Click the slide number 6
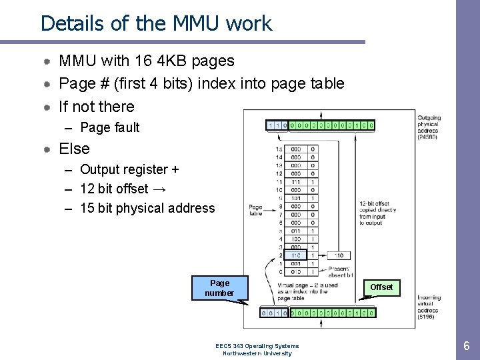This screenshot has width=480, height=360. point(467,345)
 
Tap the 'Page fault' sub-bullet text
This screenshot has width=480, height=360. point(109,127)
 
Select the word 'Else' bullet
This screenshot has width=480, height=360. point(74,149)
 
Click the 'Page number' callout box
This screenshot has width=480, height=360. point(219,287)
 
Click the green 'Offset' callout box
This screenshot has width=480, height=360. point(381,287)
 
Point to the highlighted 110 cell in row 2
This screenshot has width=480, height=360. point(295,255)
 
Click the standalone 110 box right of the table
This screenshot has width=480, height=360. point(339,255)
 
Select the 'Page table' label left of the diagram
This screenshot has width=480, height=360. point(255,211)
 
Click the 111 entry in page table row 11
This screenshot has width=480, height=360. point(295,181)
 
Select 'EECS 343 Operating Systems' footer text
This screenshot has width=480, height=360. point(257,346)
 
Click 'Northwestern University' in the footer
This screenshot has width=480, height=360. point(257,353)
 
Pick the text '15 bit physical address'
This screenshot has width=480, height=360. point(147,208)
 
